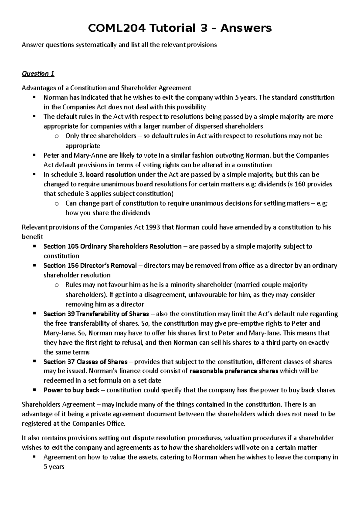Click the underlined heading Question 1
38,74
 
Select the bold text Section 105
61,246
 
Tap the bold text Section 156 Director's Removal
90,266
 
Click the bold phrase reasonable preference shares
234,371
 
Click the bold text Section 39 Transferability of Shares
96,314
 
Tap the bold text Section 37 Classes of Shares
85,362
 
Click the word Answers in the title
246,28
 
